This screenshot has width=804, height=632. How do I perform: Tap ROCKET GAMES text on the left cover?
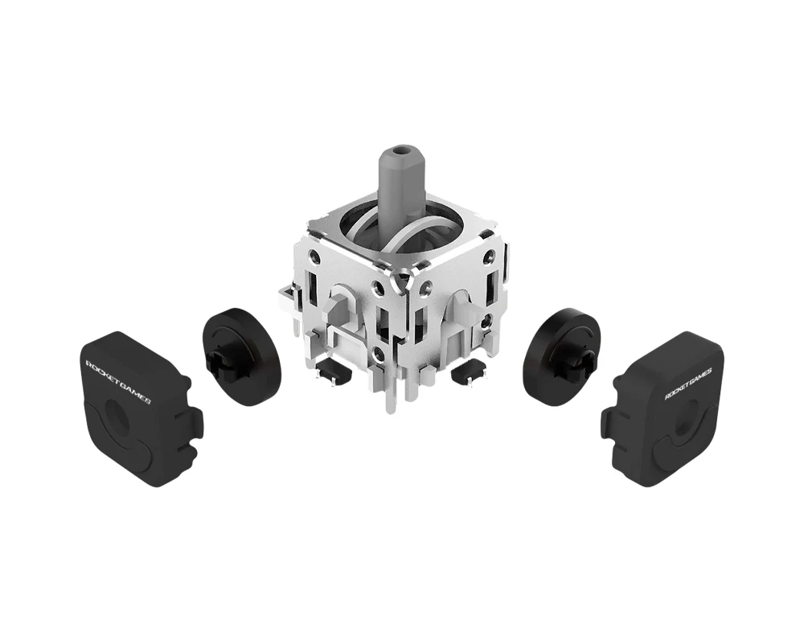pyautogui.click(x=117, y=381)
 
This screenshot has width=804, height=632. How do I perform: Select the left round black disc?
pyautogui.click(x=242, y=357)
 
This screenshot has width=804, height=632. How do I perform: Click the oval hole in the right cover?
pyautogui.click(x=687, y=420)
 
